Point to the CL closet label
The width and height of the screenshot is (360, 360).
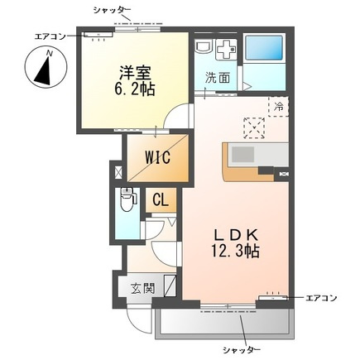[x=161, y=199]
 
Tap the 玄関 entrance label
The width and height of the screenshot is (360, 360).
[x=142, y=289]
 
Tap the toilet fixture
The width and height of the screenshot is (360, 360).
[x=127, y=199]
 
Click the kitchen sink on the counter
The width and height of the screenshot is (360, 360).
[x=243, y=155]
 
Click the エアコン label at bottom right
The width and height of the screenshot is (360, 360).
[x=322, y=297]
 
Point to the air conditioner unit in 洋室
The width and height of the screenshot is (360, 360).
[x=98, y=35]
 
